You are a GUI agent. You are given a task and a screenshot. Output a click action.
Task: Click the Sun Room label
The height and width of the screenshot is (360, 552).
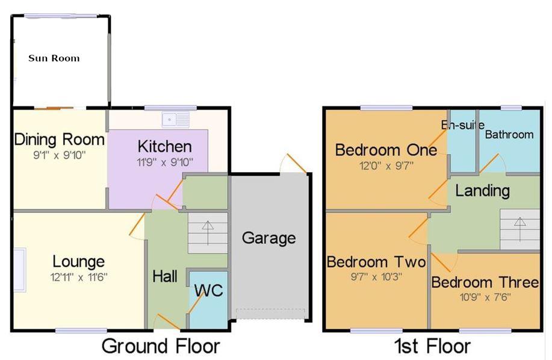54,58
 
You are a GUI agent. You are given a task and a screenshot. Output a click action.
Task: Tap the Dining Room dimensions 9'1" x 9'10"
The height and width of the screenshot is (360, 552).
59,155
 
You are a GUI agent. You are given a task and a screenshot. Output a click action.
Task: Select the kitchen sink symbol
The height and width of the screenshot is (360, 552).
179,118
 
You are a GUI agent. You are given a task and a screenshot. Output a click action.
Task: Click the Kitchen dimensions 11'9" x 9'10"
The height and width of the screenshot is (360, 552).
164,161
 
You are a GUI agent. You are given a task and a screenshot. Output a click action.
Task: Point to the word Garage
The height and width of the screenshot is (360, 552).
268,238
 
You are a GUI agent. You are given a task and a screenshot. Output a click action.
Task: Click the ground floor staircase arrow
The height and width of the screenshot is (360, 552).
208,229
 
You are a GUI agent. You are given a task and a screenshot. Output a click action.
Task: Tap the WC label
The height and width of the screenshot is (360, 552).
208,290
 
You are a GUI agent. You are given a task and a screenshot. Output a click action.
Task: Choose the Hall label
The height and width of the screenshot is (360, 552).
165,276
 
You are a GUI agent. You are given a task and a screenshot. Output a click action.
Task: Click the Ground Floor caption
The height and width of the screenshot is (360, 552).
161,346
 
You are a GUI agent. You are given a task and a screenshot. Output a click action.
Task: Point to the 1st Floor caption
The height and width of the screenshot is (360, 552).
432,346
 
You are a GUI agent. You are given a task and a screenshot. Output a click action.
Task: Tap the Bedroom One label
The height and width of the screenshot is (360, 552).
386,149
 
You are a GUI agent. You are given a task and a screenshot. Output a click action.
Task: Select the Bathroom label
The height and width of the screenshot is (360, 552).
509,134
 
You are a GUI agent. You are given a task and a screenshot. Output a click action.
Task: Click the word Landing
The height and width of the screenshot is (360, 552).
482,191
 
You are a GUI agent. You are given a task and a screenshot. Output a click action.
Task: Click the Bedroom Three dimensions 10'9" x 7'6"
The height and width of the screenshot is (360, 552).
485,297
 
